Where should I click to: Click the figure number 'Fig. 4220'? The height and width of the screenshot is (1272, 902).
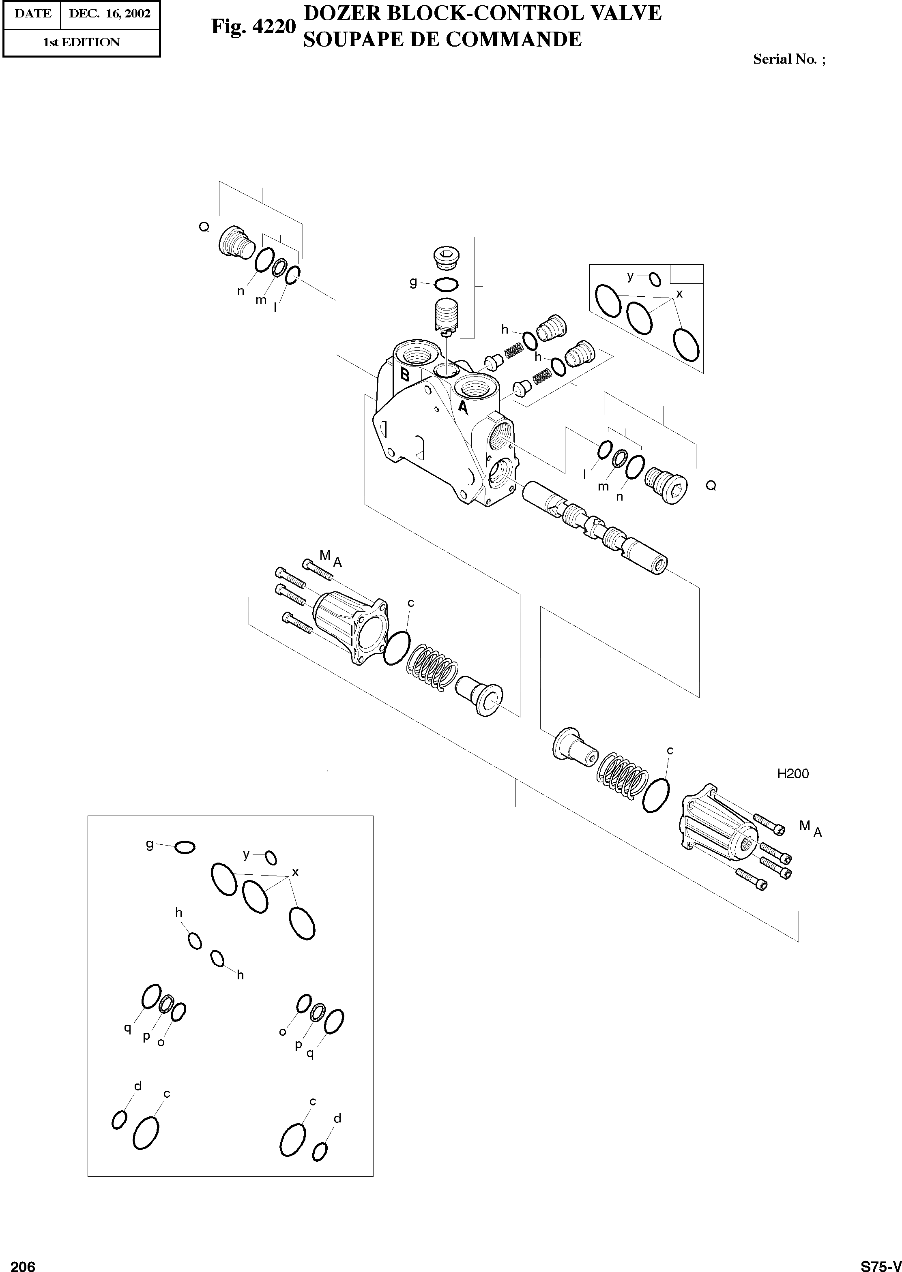click(x=253, y=26)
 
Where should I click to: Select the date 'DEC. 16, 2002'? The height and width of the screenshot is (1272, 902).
click(x=110, y=13)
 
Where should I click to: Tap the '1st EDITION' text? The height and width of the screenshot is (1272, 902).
click(x=81, y=42)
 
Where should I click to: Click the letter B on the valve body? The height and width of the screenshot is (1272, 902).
click(x=405, y=375)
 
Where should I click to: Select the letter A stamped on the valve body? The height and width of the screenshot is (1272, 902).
click(x=462, y=409)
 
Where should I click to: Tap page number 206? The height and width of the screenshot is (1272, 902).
click(x=23, y=1261)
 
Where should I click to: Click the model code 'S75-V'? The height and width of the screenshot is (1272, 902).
click(x=881, y=1261)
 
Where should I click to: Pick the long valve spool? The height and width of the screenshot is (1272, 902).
click(x=594, y=527)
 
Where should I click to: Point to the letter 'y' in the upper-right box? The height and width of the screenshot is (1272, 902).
click(x=630, y=275)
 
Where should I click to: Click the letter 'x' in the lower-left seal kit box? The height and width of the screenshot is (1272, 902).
click(x=295, y=872)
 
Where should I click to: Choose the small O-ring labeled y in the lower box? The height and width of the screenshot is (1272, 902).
click(x=271, y=857)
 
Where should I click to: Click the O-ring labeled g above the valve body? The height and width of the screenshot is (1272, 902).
click(x=446, y=285)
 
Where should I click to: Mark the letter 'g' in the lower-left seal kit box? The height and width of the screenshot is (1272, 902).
click(x=149, y=844)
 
